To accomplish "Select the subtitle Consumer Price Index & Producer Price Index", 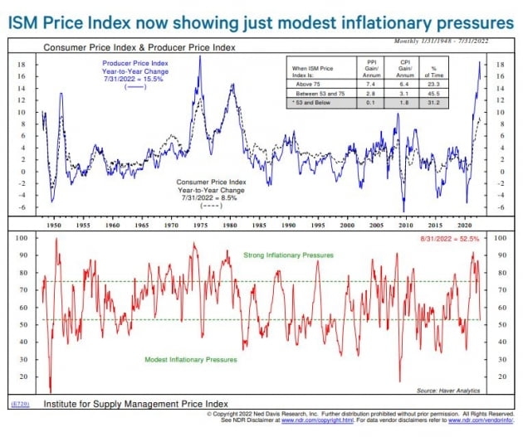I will pyautogui.click(x=139, y=49).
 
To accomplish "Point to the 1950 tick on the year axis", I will pyautogui.click(x=52, y=225).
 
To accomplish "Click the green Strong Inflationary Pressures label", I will pyautogui.click(x=290, y=255).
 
